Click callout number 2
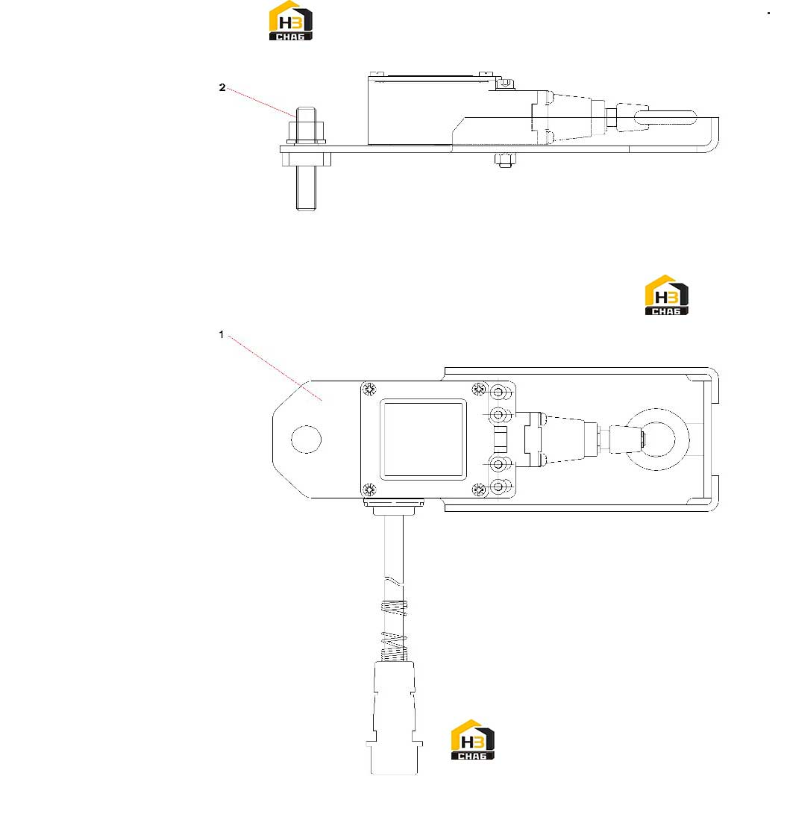[x=222, y=87]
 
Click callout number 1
[x=221, y=334]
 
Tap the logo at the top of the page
[x=291, y=21]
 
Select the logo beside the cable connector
[x=473, y=740]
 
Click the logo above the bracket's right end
[x=667, y=295]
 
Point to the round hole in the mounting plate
[x=306, y=440]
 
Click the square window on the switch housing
[x=423, y=440]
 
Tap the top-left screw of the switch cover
[x=369, y=389]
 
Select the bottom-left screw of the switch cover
[x=369, y=489]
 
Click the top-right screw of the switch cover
[x=479, y=389]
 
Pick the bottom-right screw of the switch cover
[x=479, y=489]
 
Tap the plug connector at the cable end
[x=395, y=718]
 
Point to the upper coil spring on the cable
[x=394, y=607]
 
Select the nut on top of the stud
[x=306, y=132]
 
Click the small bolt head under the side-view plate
[x=505, y=160]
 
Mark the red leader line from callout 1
[x=275, y=368]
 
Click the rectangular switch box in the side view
[x=410, y=110]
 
